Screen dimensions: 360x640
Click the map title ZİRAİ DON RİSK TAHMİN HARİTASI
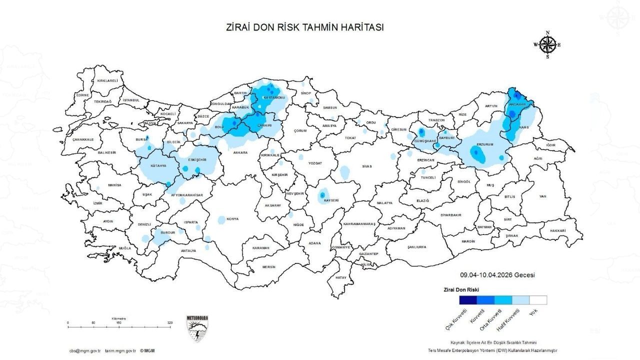click(305, 27)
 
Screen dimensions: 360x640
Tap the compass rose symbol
click(547, 45)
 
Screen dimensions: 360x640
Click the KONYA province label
click(232, 219)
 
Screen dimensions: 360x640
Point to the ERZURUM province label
click(485, 144)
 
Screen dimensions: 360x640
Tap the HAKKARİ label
click(557, 230)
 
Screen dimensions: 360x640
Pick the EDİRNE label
click(82, 95)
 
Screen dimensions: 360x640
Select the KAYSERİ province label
click(331, 200)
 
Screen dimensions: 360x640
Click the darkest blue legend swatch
click(468, 300)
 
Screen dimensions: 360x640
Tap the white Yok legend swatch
click(538, 300)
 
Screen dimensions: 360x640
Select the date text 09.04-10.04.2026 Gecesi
click(497, 275)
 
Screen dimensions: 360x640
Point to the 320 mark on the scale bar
click(170, 323)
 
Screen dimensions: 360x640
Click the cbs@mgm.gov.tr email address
click(85, 351)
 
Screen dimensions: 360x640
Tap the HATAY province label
click(341, 277)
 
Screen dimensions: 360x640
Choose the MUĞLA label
click(124, 248)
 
